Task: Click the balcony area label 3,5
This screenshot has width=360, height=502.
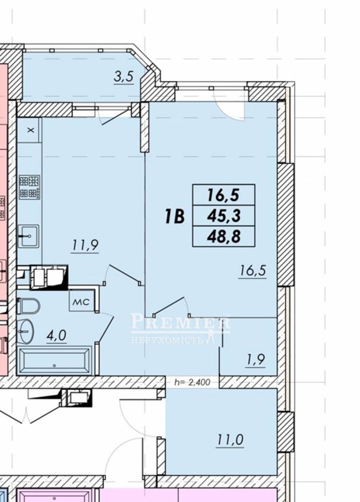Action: pyautogui.click(x=124, y=78)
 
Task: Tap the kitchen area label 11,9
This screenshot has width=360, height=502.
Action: pyautogui.click(x=85, y=246)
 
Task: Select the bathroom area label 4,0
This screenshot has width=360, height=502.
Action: pyautogui.click(x=56, y=336)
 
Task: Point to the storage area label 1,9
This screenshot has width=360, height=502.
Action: pyautogui.click(x=256, y=360)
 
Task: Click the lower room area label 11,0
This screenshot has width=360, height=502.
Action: pyautogui.click(x=230, y=440)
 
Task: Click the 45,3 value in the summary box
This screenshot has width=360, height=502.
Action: pyautogui.click(x=224, y=216)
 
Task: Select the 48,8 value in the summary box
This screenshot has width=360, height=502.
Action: pyautogui.click(x=224, y=237)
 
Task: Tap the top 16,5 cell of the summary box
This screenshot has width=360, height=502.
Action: pyautogui.click(x=223, y=195)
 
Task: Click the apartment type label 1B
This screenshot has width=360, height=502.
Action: pyautogui.click(x=175, y=216)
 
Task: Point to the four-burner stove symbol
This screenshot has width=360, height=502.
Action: pyautogui.click(x=29, y=187)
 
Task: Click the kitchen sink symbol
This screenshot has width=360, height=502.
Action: pyautogui.click(x=28, y=236)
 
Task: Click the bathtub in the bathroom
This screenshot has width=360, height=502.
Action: pyautogui.click(x=55, y=361)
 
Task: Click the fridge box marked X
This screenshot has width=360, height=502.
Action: pyautogui.click(x=30, y=130)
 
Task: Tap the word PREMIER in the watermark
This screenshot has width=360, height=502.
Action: pyautogui.click(x=181, y=322)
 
